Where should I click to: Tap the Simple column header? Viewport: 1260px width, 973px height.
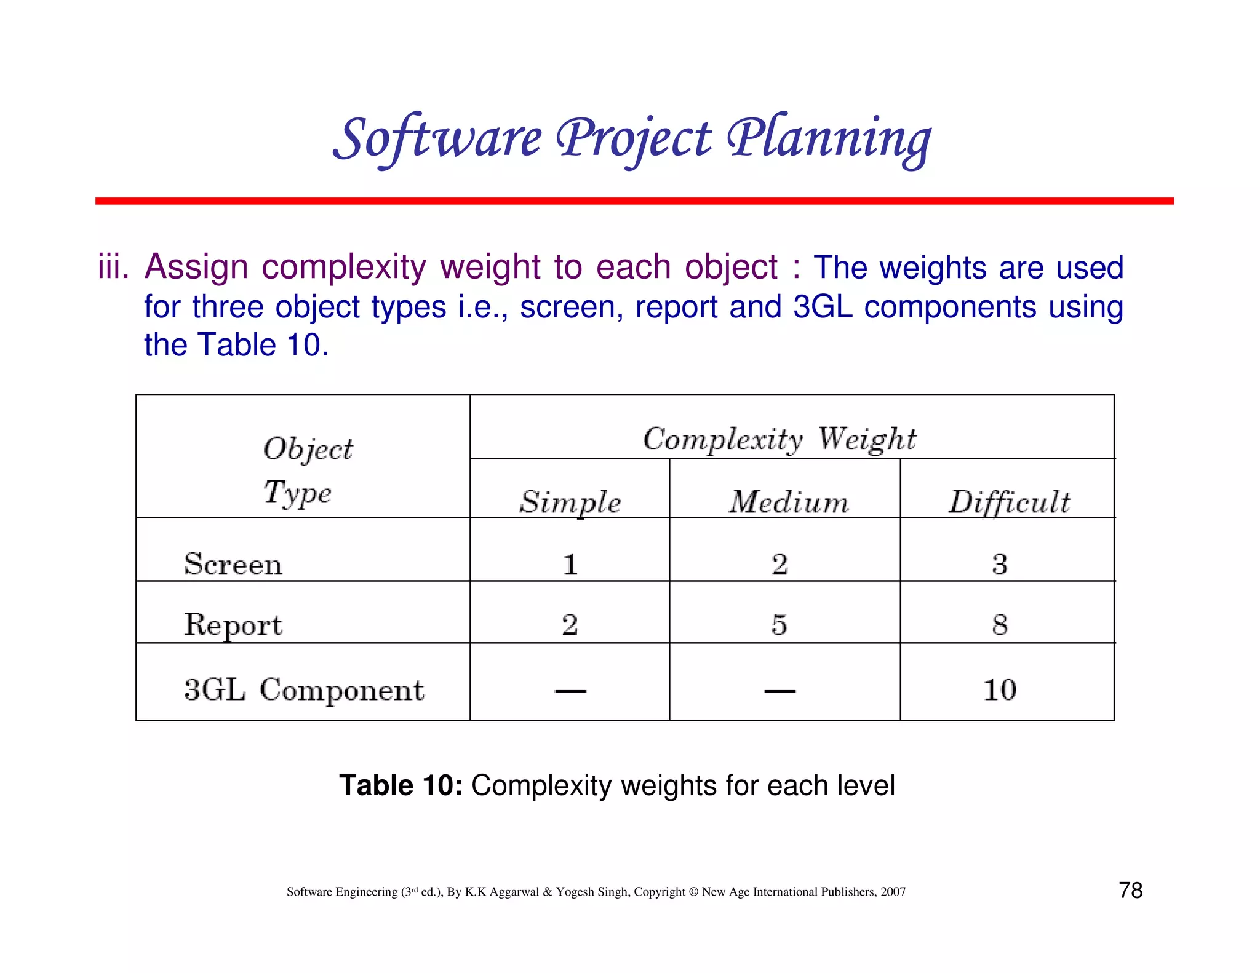point(570,502)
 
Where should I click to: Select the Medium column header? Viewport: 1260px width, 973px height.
point(789,502)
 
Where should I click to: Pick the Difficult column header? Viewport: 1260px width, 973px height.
point(1009,502)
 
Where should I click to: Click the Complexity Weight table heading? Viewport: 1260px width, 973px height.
point(780,439)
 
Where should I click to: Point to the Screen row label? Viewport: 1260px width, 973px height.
point(233,564)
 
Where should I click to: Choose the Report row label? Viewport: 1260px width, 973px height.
point(233,625)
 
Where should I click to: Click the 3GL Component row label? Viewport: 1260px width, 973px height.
point(304,689)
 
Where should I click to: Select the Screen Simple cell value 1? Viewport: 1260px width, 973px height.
point(570,564)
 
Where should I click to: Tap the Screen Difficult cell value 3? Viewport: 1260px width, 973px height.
point(1000,564)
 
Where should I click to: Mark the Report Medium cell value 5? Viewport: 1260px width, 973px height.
point(779,625)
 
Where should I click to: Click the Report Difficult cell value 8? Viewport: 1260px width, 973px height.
point(1000,625)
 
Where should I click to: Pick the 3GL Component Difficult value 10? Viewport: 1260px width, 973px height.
point(1000,689)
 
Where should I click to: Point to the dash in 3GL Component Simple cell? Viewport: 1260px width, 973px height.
point(570,691)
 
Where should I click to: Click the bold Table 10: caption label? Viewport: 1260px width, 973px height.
point(401,785)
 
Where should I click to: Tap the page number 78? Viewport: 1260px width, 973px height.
point(1130,890)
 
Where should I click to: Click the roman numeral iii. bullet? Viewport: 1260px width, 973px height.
point(113,268)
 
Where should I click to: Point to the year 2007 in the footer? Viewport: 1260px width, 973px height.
point(893,892)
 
